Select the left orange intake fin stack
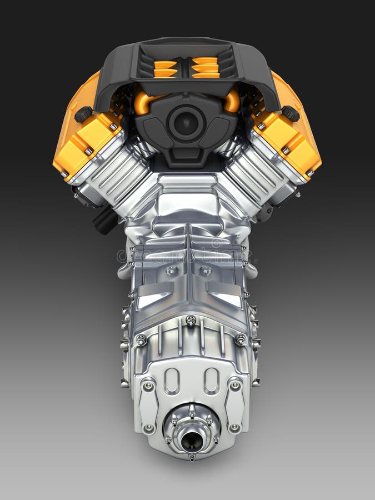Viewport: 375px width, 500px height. click(x=165, y=67)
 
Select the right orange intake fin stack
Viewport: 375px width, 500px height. click(x=206, y=67)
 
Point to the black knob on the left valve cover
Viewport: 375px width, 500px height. click(x=83, y=114)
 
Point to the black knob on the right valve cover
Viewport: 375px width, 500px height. click(x=290, y=113)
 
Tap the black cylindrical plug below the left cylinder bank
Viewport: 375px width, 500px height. click(x=105, y=220)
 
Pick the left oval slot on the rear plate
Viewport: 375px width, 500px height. click(x=172, y=381)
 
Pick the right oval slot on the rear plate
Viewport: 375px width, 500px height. click(x=211, y=381)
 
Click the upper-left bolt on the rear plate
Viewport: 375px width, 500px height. click(x=148, y=385)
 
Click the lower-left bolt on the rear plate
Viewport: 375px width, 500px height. click(x=148, y=428)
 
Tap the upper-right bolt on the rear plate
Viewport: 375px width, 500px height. click(x=235, y=385)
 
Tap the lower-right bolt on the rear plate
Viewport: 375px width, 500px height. click(x=234, y=428)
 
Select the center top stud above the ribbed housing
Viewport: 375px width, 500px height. click(x=191, y=321)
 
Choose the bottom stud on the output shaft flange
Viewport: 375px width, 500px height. click(x=192, y=457)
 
